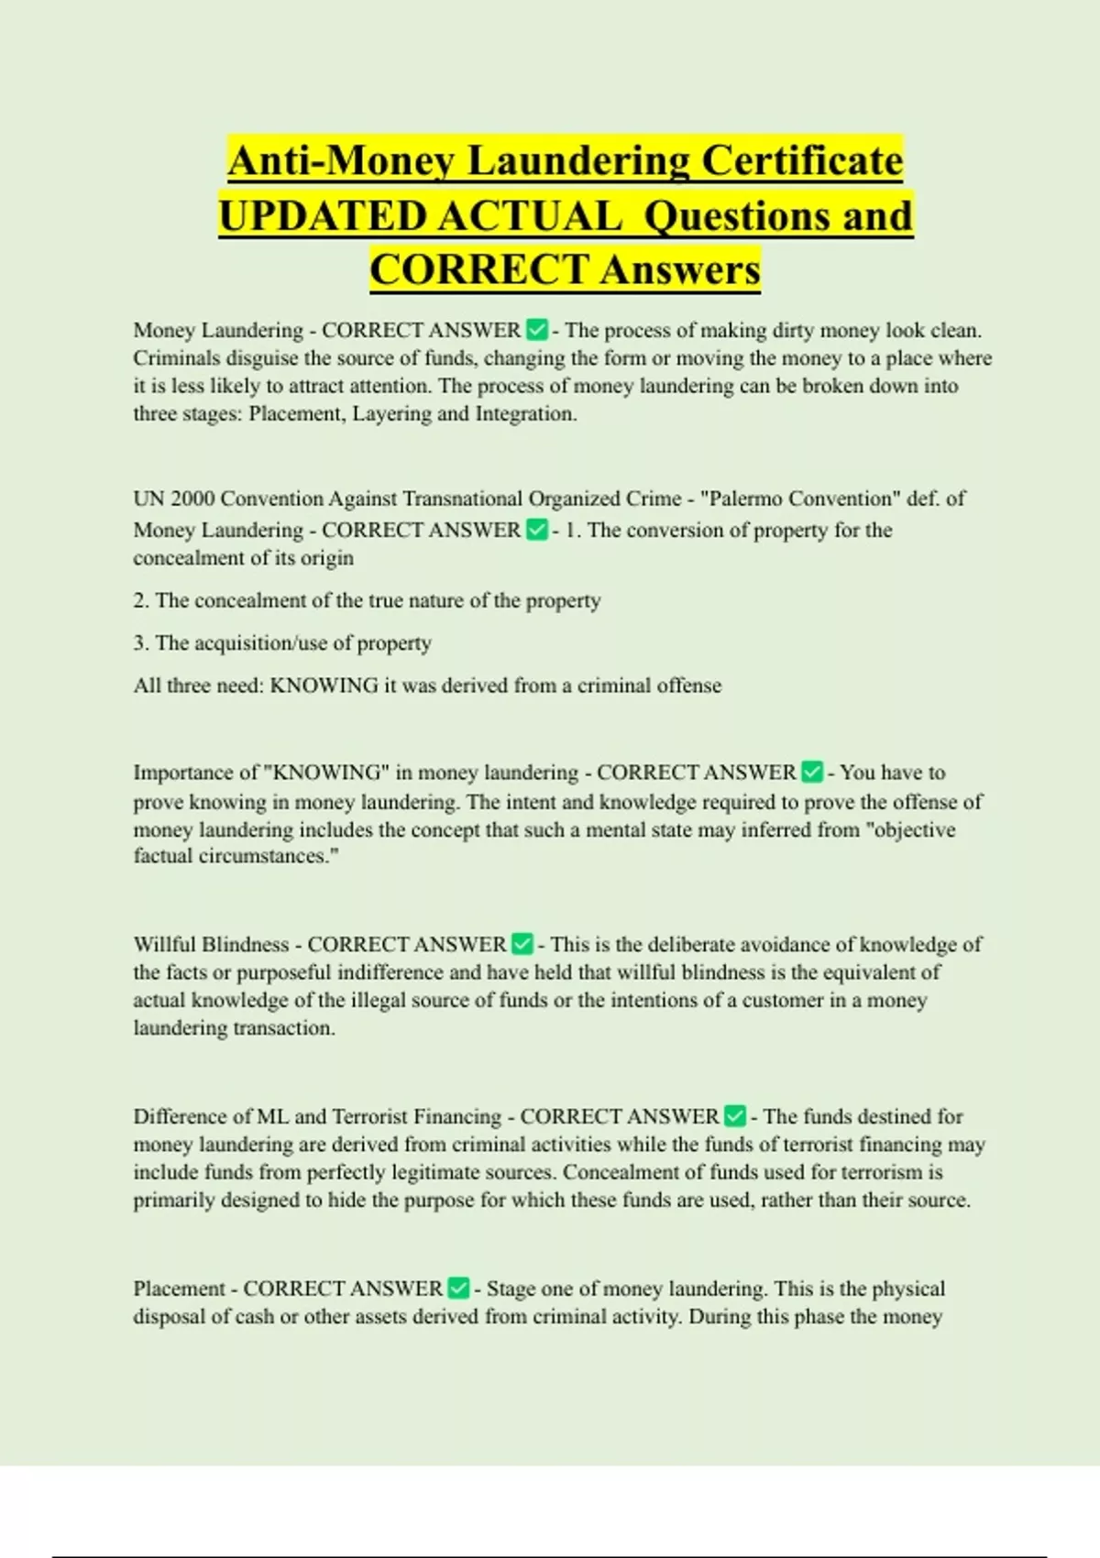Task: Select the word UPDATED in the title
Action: (x=322, y=216)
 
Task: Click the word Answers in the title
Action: (x=681, y=270)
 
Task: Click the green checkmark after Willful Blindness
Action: (x=522, y=944)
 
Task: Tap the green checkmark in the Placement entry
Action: (x=458, y=1289)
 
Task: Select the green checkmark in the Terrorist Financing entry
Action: (x=734, y=1116)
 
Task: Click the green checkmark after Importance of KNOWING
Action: (x=812, y=773)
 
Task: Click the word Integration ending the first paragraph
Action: (x=525, y=413)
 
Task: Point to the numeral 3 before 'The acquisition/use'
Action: (x=139, y=643)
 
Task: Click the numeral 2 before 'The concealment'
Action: (x=139, y=601)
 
